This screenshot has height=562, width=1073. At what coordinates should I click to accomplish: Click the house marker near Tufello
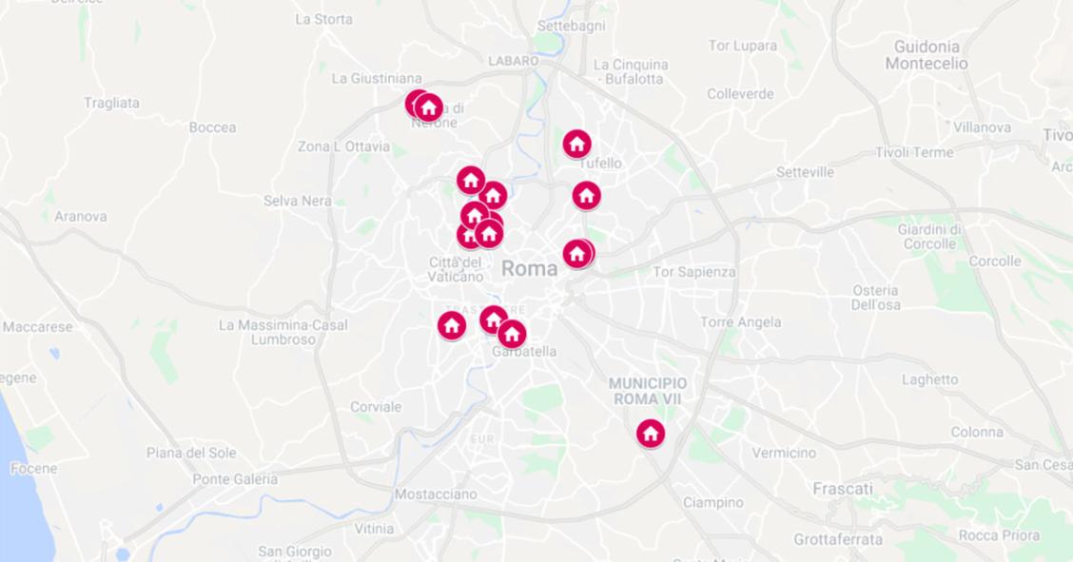click(576, 145)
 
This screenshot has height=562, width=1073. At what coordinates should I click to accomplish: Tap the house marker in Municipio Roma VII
click(651, 434)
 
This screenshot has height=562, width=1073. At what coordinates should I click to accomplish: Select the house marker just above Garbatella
click(512, 334)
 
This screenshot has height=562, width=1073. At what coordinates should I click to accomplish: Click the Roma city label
click(530, 268)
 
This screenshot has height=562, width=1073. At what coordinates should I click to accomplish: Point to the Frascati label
click(843, 489)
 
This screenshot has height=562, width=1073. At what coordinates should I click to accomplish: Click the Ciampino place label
click(713, 502)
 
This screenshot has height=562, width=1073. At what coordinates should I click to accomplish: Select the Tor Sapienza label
click(694, 272)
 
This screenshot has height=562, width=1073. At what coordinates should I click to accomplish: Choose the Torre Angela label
click(741, 322)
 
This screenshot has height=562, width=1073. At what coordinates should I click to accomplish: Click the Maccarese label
click(38, 327)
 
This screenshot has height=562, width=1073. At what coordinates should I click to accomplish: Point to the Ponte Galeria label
click(235, 479)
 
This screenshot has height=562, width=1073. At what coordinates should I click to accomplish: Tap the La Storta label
click(323, 19)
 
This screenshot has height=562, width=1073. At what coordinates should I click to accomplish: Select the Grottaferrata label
click(838, 540)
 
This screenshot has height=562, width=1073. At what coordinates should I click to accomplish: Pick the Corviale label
click(376, 407)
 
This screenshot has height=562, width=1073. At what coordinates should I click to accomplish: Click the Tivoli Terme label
click(914, 152)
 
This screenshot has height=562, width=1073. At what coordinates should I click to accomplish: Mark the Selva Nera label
click(298, 201)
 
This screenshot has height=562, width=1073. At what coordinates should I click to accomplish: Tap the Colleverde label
click(740, 94)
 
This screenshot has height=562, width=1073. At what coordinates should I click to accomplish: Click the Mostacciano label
click(436, 494)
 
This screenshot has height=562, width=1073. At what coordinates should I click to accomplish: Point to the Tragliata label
click(111, 103)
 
